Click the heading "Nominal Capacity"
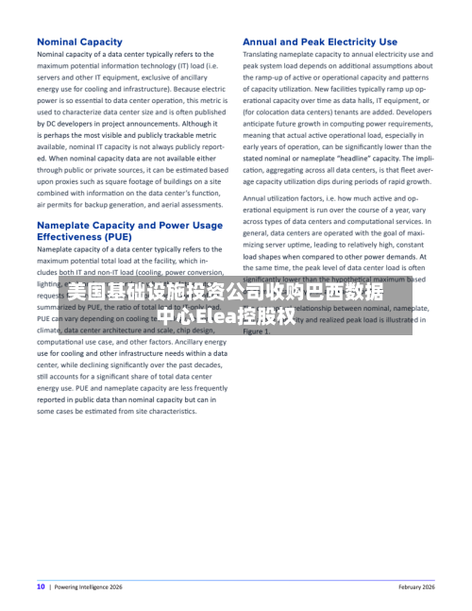tap(79, 42)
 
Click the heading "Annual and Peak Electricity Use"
tap(320, 42)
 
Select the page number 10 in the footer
tap(41, 586)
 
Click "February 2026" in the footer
tap(416, 586)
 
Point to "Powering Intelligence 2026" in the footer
tap(89, 586)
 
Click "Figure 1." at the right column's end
tap(256, 331)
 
